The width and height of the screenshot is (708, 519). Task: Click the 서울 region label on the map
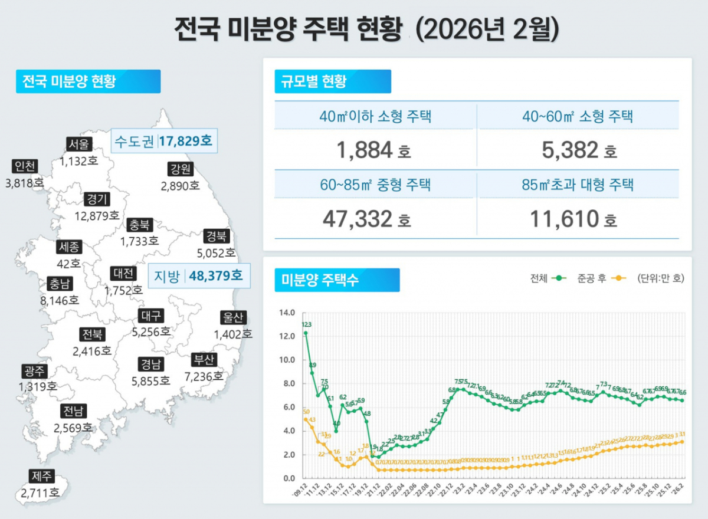pos(79,144)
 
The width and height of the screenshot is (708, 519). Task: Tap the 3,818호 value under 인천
pos(24,183)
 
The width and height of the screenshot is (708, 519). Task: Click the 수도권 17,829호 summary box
pos(165,142)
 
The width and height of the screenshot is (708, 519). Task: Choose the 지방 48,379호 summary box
pos(198,275)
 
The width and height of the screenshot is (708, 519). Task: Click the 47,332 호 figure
pos(366,219)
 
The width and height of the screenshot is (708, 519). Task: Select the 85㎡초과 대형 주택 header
pos(578,185)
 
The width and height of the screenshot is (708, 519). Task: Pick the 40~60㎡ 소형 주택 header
pos(578,116)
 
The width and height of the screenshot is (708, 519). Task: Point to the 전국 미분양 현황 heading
pos(87,81)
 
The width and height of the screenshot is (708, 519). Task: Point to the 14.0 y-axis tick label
pos(287,313)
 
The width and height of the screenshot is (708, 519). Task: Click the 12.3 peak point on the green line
pos(306,333)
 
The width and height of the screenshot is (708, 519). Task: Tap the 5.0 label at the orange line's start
pos(306,412)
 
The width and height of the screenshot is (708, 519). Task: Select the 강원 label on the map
pos(180,170)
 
